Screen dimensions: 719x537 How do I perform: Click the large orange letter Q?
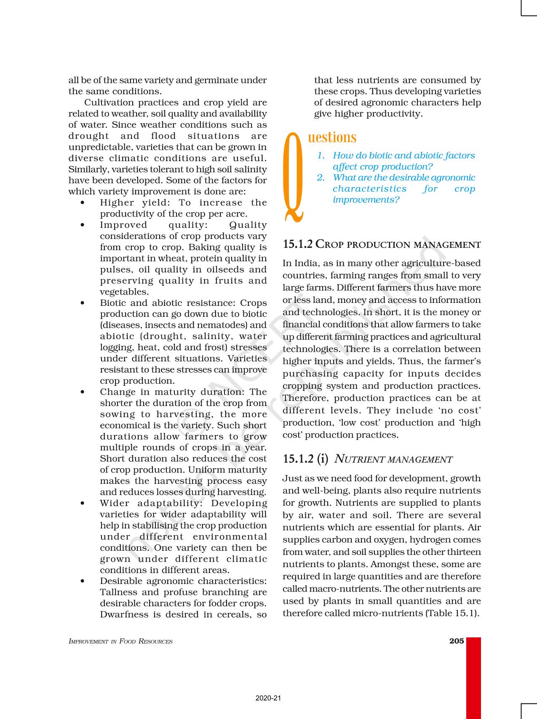(x=294, y=177)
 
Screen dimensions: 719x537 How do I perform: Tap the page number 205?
(x=457, y=641)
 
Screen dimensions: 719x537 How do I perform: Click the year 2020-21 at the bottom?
(x=268, y=698)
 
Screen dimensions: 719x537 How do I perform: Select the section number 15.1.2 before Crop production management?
(x=298, y=244)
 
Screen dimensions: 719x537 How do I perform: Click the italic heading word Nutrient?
(x=359, y=459)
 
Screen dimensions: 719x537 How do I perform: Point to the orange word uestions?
(x=332, y=138)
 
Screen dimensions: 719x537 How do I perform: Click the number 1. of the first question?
(x=321, y=156)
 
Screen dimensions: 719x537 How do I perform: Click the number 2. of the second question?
(x=321, y=178)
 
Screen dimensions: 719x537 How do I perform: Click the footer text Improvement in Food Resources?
(x=120, y=642)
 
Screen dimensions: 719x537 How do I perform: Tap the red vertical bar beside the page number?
(x=473, y=677)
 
